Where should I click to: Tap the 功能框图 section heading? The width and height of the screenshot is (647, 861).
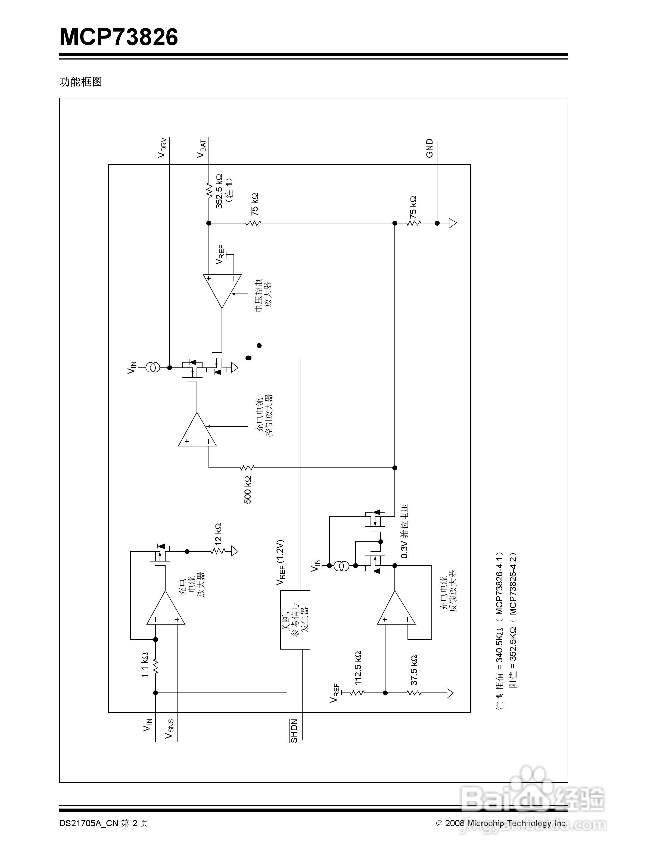tap(80, 82)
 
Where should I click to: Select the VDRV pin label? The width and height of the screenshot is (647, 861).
tap(162, 148)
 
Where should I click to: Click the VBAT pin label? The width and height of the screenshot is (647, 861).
tap(201, 148)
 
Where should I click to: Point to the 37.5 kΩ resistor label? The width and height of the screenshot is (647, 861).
tap(414, 670)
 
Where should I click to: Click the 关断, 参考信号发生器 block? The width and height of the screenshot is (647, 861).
tap(295, 620)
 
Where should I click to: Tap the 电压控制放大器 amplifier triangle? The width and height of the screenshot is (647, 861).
tap(222, 288)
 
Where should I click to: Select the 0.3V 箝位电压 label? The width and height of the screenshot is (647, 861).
tap(405, 531)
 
